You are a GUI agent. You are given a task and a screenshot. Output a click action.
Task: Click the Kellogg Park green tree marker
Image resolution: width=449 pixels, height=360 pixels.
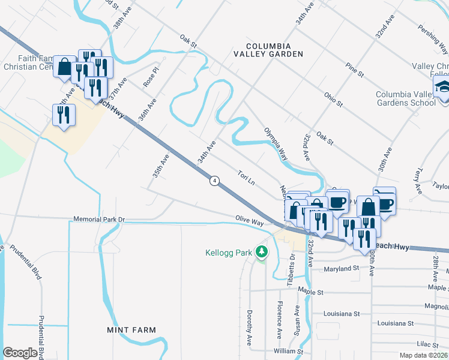[x=261, y=251]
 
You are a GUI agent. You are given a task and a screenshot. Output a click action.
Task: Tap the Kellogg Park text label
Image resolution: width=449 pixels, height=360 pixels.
[x=228, y=253]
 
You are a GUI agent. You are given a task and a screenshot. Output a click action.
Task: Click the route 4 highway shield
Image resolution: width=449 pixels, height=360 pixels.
[x=214, y=180]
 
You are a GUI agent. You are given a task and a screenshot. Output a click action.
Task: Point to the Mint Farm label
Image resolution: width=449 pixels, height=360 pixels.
[x=131, y=330]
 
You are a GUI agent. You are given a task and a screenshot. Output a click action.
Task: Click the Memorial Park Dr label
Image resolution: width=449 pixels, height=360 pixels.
[x=99, y=220]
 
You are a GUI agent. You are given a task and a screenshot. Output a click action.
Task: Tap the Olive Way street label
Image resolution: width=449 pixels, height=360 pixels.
[x=250, y=221]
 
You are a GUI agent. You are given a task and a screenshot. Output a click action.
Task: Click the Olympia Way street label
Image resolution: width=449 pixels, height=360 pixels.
[x=276, y=144]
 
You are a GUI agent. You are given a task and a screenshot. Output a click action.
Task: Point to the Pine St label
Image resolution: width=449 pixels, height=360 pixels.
[x=355, y=70]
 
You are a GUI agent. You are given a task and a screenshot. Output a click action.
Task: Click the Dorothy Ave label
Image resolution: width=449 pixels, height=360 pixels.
[x=249, y=328]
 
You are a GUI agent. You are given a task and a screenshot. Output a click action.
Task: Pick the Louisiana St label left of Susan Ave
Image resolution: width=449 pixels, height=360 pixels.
[x=341, y=313]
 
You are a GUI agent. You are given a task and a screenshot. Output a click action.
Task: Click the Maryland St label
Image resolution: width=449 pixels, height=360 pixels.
[x=341, y=269]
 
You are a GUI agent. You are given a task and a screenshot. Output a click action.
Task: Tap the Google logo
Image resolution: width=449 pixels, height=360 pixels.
[x=20, y=353]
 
